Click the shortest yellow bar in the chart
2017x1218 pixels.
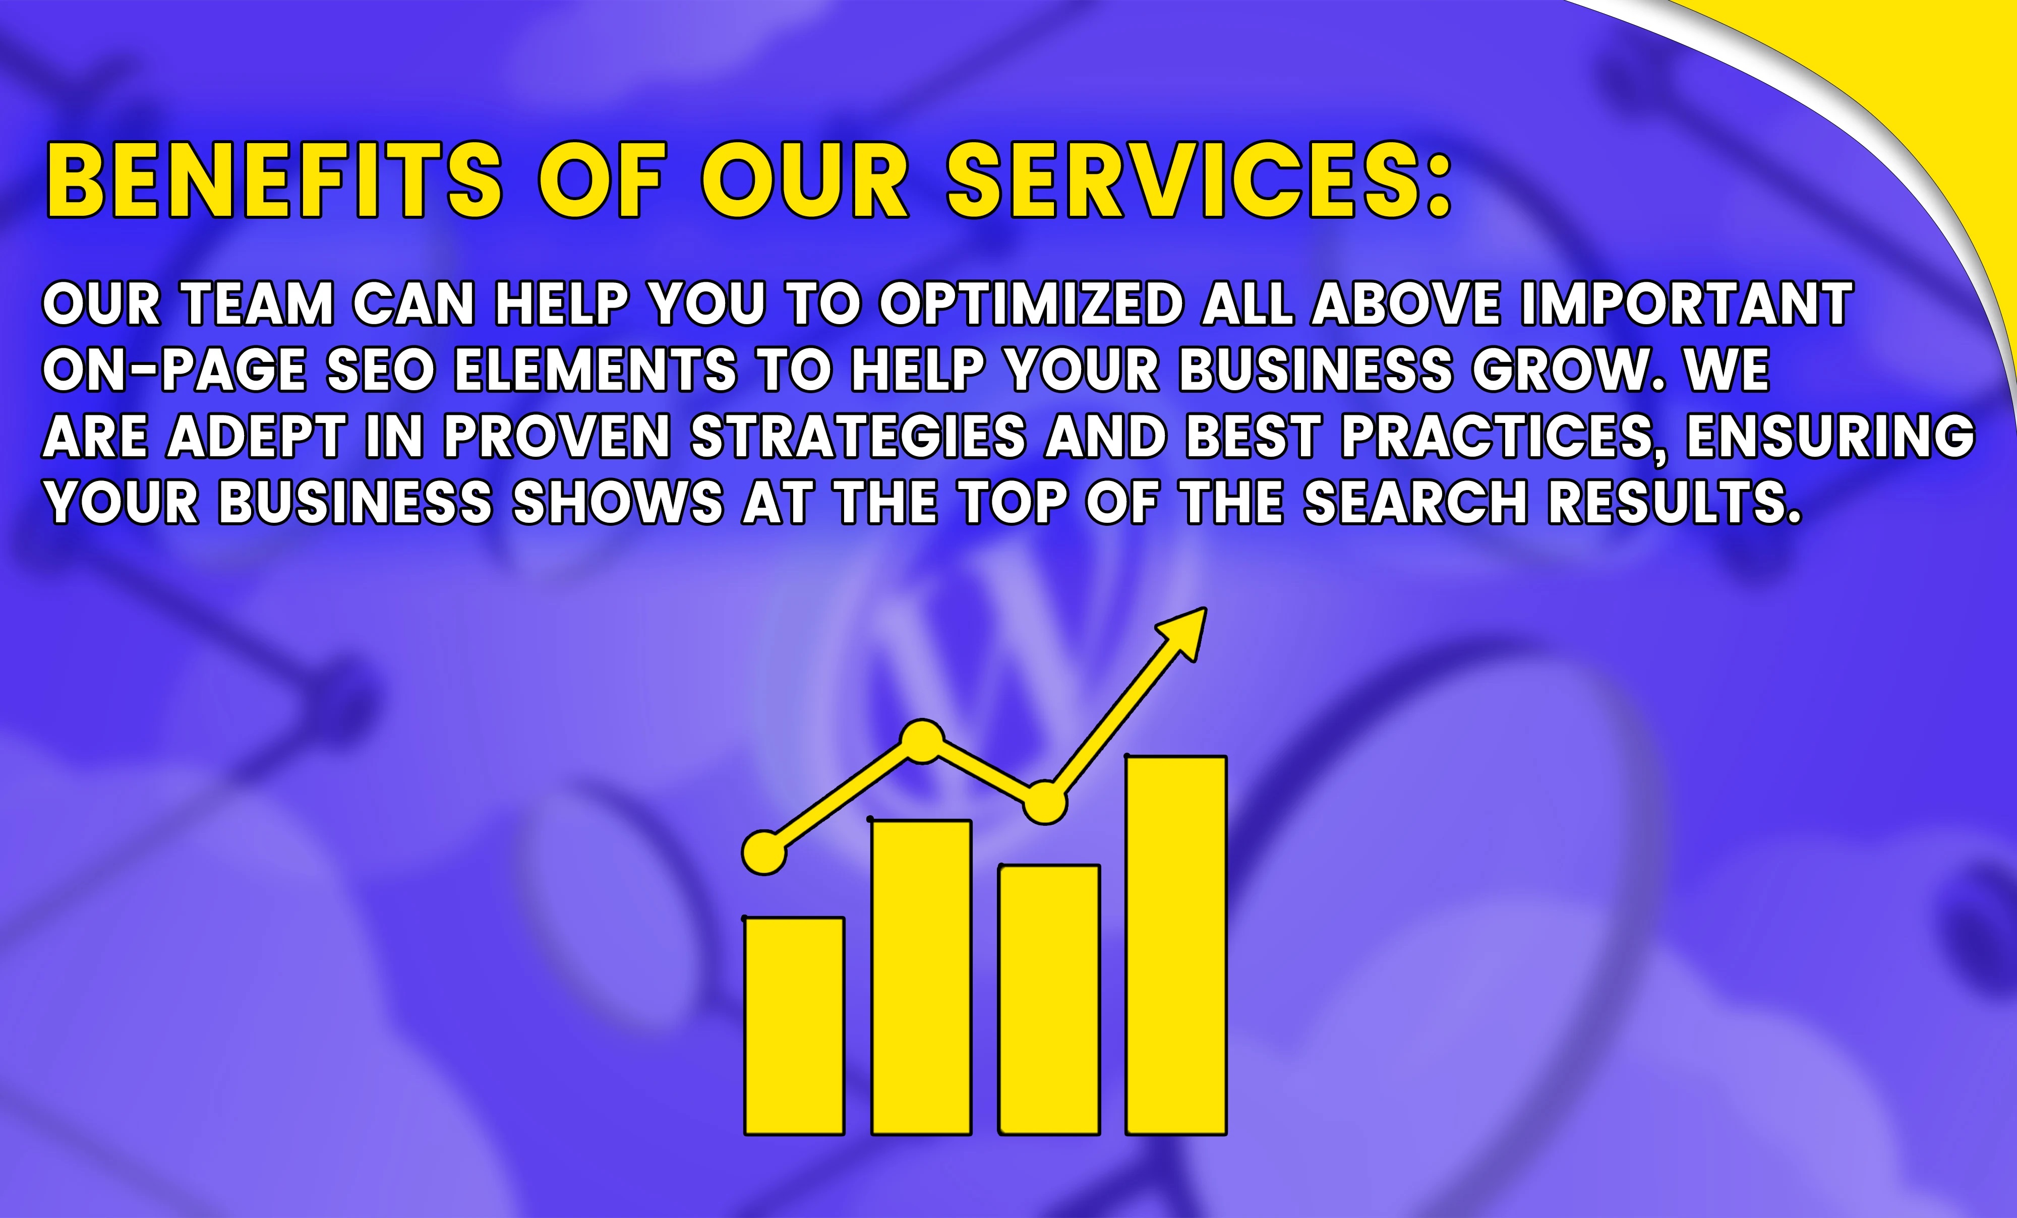click(x=794, y=1025)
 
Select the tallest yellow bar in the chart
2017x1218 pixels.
click(x=1176, y=945)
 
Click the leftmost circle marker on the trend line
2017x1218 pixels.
click(x=764, y=853)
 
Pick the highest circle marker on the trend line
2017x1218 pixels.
click(x=923, y=741)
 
